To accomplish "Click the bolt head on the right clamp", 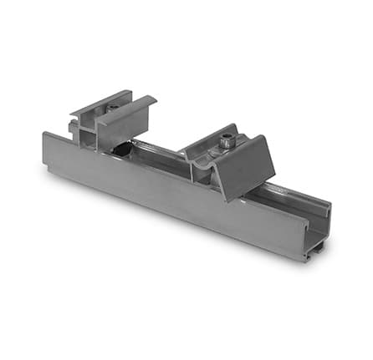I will tap(227, 143).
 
